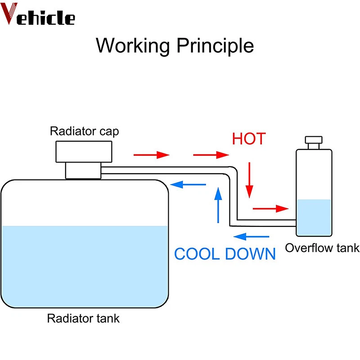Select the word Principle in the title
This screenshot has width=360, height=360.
coord(215,46)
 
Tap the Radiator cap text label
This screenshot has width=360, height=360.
coord(85,131)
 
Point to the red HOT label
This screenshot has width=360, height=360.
coord(249,139)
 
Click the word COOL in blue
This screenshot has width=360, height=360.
coord(198,254)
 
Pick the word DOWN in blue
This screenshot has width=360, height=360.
coord(250,254)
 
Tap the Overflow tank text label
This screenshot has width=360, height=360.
coord(322,248)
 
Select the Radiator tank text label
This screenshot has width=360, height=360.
coord(84,319)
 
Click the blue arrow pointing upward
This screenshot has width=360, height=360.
coord(218,205)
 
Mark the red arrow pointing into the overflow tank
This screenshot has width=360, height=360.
coord(270,208)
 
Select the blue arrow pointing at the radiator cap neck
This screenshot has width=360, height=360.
coord(189,184)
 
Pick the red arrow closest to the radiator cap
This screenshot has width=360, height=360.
coord(151,155)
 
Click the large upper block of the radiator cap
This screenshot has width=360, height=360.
coord(83,151)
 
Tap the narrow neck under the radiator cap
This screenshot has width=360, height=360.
coord(83,171)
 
